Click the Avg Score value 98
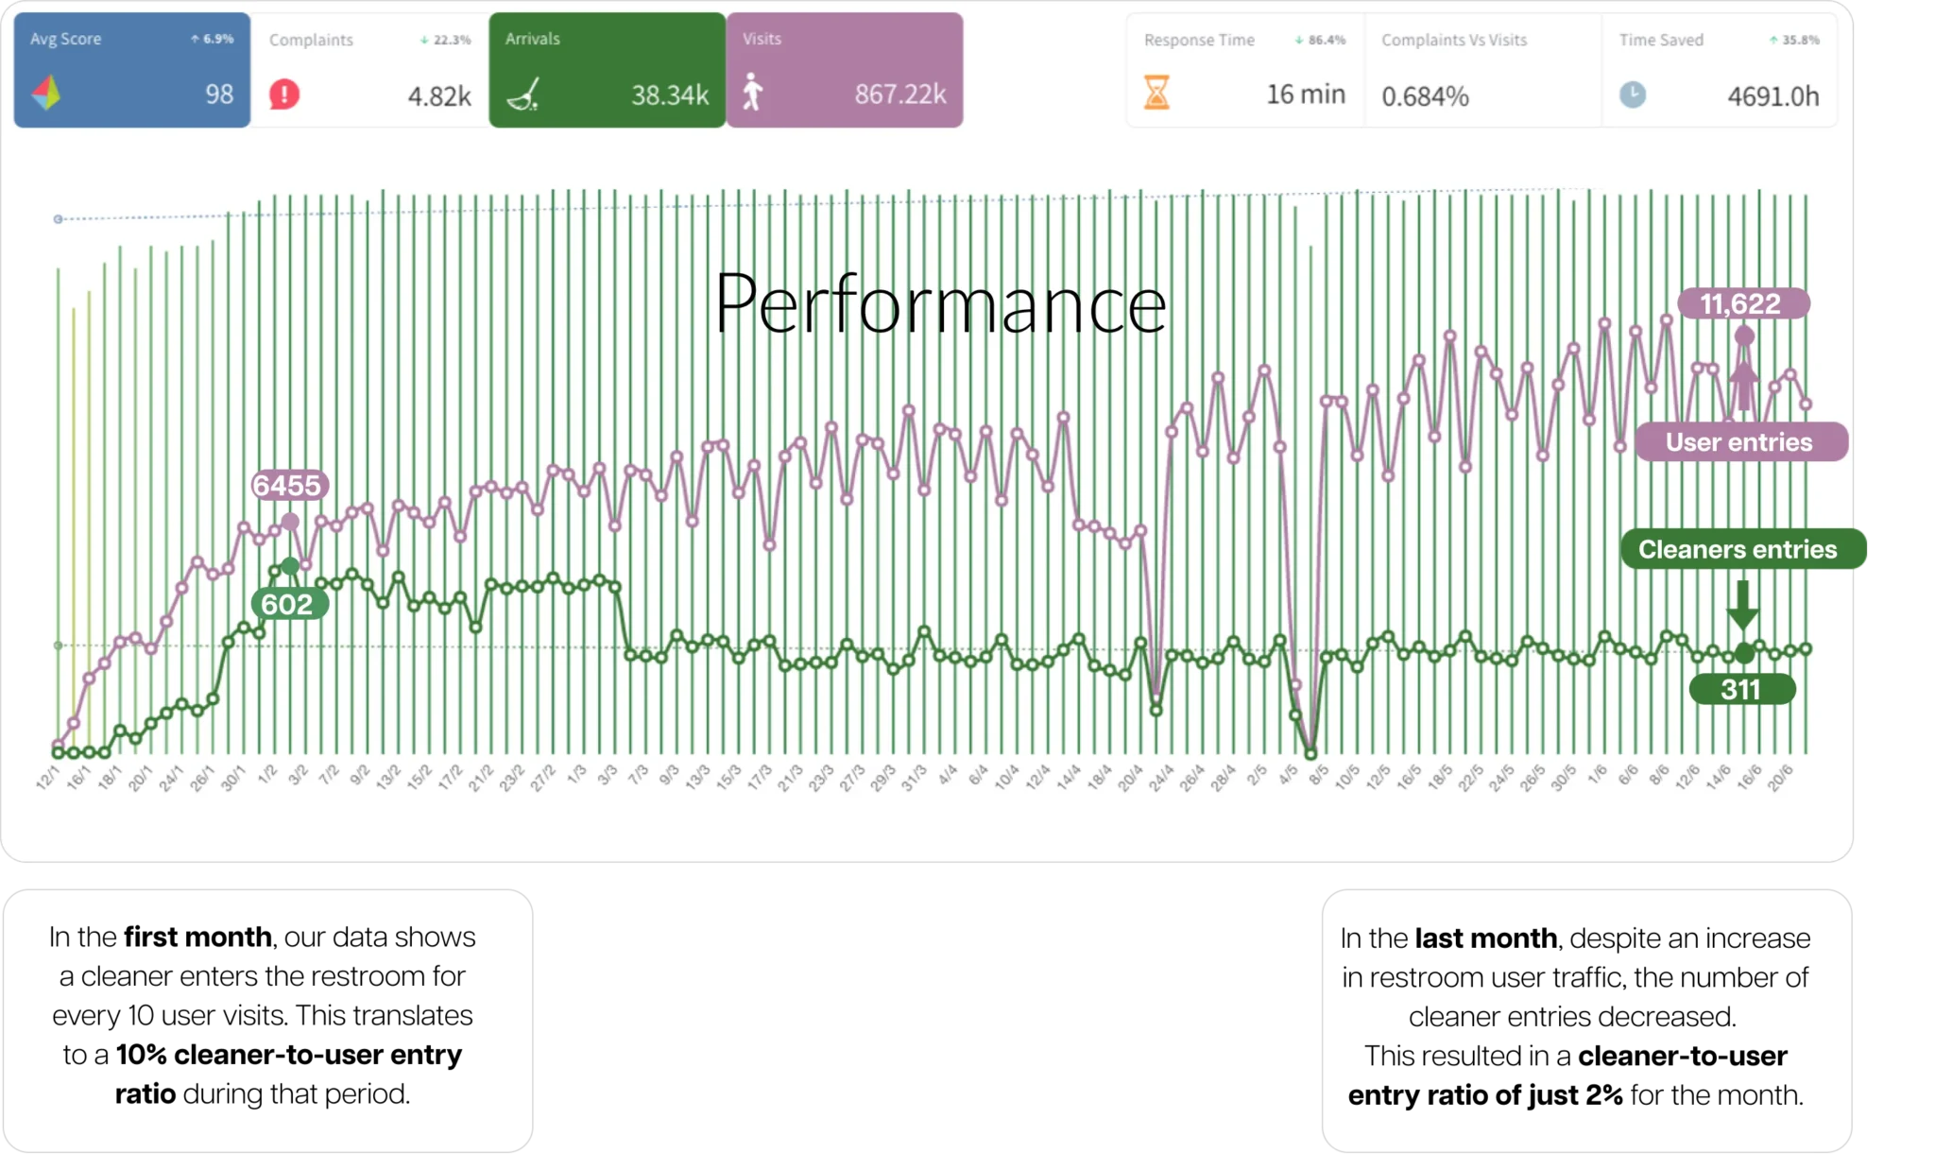(x=219, y=95)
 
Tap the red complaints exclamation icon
(x=283, y=95)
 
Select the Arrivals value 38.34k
(x=670, y=95)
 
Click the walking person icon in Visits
(x=752, y=93)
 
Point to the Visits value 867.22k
(x=899, y=95)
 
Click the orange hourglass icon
(x=1156, y=93)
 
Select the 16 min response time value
(x=1305, y=95)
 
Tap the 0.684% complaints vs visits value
(x=1425, y=96)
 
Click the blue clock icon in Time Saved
(x=1632, y=95)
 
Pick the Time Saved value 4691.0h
(x=1772, y=96)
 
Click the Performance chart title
(x=940, y=304)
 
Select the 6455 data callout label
(x=287, y=486)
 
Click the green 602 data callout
(x=287, y=604)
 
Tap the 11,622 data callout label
(x=1740, y=304)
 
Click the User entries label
(x=1738, y=442)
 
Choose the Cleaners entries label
(x=1738, y=550)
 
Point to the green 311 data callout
(x=1740, y=689)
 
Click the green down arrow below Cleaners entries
(x=1742, y=604)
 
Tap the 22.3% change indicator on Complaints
(x=446, y=40)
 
